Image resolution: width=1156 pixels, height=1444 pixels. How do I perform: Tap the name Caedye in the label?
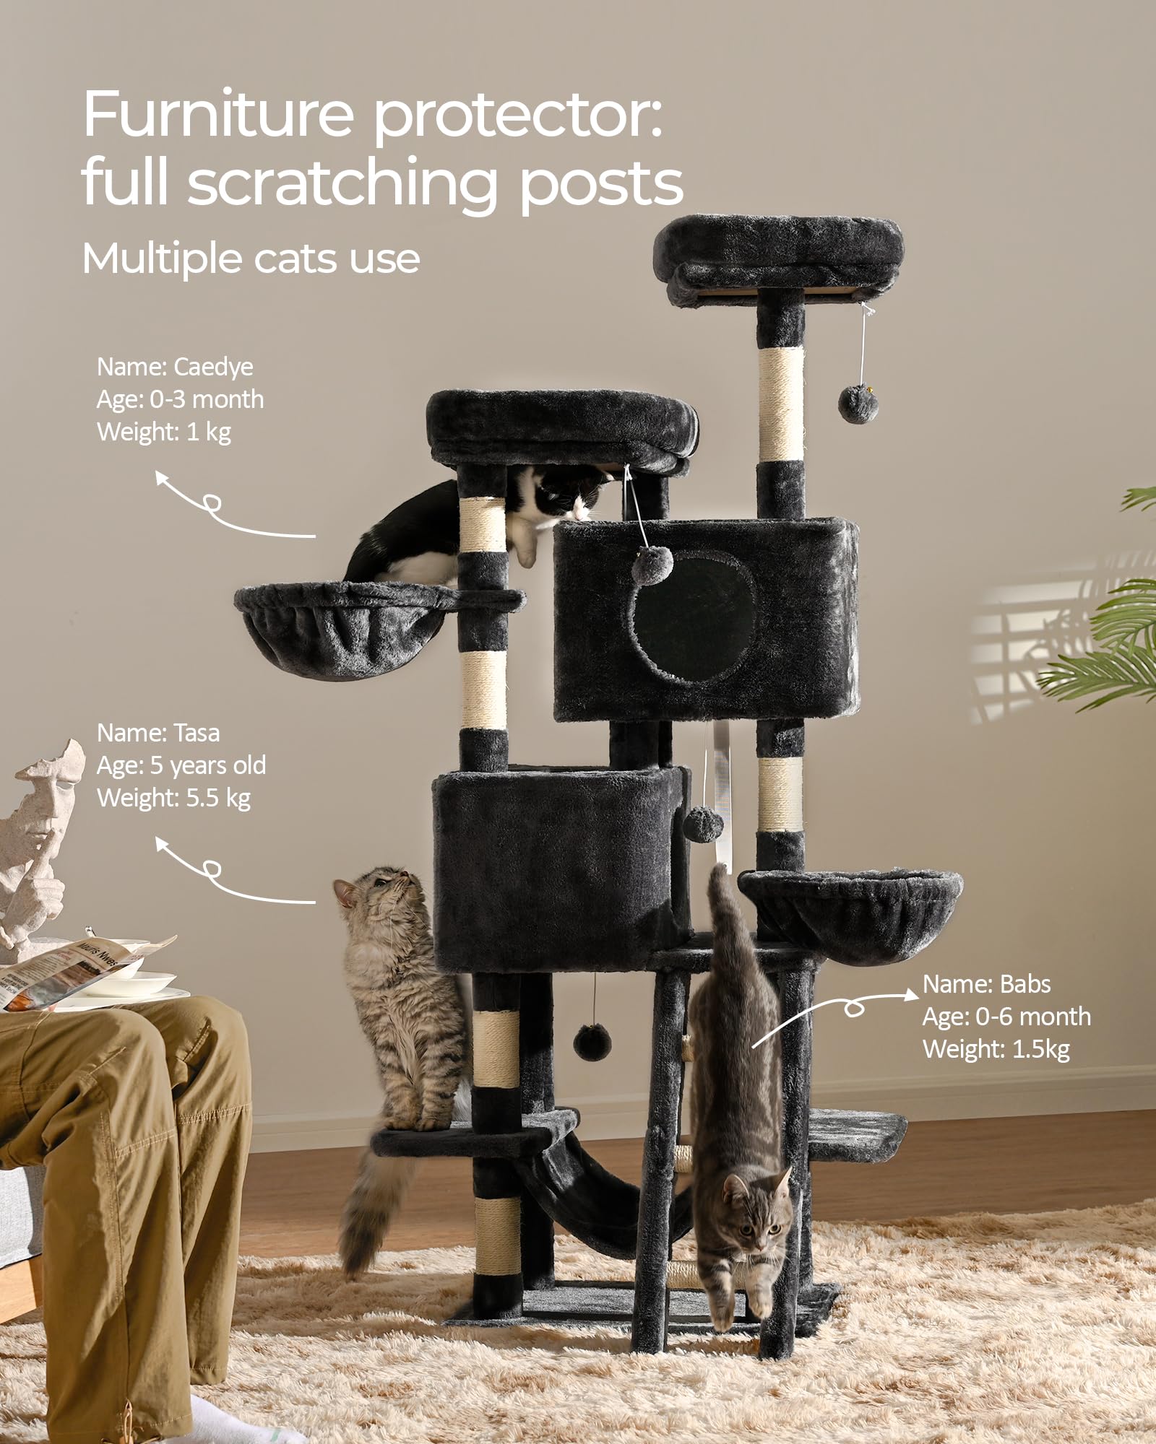(214, 367)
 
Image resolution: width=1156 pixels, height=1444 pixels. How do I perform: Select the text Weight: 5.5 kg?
(173, 798)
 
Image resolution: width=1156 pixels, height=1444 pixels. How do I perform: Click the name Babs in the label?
(1025, 984)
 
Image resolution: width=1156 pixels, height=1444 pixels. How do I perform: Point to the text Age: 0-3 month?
(181, 399)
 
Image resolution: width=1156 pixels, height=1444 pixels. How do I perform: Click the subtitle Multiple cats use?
(251, 258)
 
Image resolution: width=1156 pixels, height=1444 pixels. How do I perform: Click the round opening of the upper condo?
(693, 617)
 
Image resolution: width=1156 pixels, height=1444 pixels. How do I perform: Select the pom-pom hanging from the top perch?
(858, 404)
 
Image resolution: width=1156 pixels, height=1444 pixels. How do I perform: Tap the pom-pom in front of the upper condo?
(652, 564)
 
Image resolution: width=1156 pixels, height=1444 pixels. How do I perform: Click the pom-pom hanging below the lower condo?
(592, 1041)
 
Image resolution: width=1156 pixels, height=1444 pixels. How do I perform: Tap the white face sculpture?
(40, 838)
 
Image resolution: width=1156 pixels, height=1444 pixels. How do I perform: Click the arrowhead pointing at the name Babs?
(912, 994)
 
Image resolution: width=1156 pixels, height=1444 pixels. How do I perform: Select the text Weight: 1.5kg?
(996, 1049)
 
